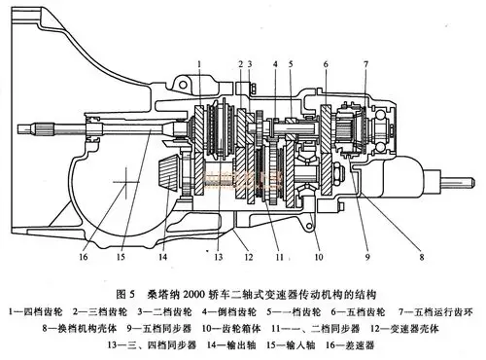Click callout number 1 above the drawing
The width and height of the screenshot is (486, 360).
[197, 63]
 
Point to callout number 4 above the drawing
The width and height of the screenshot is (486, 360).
[278, 63]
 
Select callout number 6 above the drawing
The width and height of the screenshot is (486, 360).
[325, 63]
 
